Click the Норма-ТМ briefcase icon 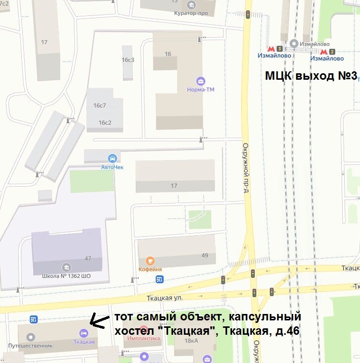click(201, 80)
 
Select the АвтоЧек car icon click(113, 158)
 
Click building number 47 click(88, 259)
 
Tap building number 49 click(205, 256)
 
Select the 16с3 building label click(128, 60)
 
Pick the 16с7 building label click(100, 105)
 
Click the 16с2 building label click(105, 122)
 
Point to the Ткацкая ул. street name click(165, 298)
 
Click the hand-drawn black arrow click(101, 322)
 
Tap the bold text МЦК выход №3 click(311, 76)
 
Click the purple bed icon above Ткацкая click(83, 333)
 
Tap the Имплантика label click(144, 339)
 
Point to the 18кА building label click(191, 341)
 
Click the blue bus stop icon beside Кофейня click(160, 279)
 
